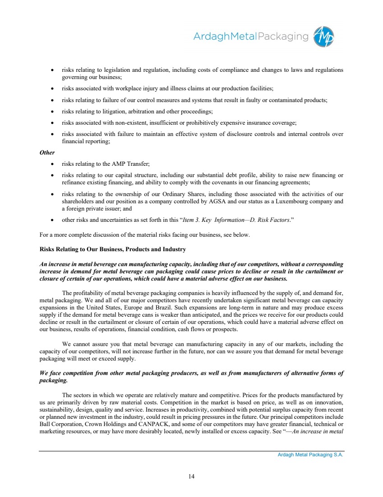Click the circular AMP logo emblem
[325, 36]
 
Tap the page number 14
[191, 475]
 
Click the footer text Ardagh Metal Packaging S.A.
[310, 455]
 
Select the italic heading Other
[47, 152]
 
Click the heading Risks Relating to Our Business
[113, 249]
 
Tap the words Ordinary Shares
[176, 194]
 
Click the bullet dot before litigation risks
[53, 111]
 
